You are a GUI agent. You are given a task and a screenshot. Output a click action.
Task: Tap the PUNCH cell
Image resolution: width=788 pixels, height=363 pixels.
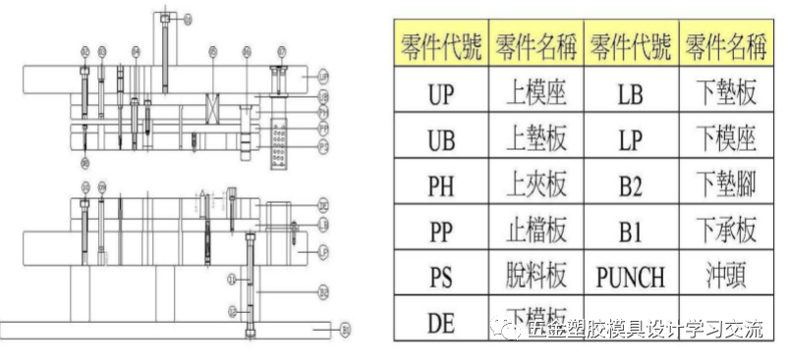coord(630,277)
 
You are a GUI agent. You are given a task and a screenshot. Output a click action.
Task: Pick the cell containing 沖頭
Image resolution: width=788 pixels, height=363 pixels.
coord(724,277)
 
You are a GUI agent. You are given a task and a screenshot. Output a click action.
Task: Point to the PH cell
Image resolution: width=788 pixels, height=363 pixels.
coord(441,184)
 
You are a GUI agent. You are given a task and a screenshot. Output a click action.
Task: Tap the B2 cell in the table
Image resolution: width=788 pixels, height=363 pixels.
coord(630,184)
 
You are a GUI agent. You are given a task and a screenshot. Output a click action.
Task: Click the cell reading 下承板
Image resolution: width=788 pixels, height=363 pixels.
coord(724,231)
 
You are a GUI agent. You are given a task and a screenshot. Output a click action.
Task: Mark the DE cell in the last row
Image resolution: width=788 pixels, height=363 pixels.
coord(441,320)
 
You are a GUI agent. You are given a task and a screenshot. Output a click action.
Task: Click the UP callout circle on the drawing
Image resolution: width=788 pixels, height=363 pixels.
coord(323,76)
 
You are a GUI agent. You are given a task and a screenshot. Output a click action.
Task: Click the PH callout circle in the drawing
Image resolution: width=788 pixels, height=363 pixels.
coord(323,112)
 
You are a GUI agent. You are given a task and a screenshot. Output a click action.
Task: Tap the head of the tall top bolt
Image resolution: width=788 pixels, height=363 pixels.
coord(164,18)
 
